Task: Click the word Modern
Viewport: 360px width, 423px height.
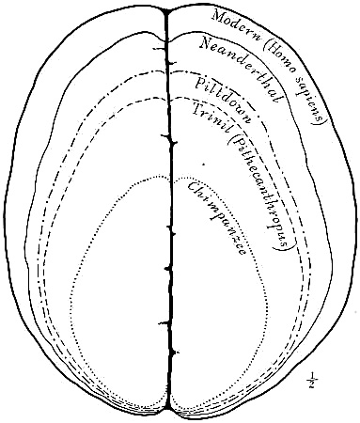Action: click(x=236, y=27)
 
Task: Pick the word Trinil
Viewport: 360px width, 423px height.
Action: click(x=211, y=119)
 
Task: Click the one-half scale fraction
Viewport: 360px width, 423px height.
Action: click(x=313, y=380)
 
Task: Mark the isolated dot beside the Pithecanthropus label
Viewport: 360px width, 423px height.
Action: click(x=203, y=164)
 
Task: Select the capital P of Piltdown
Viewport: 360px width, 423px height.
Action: click(x=201, y=83)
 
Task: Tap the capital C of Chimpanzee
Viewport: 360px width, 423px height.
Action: click(x=192, y=188)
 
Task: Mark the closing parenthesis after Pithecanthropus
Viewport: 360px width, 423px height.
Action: click(x=284, y=247)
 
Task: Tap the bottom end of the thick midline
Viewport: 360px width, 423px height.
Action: click(x=169, y=408)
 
